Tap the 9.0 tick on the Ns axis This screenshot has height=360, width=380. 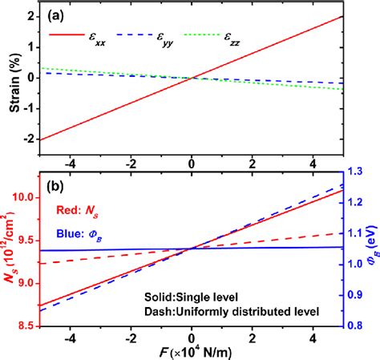click(x=27, y=283)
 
